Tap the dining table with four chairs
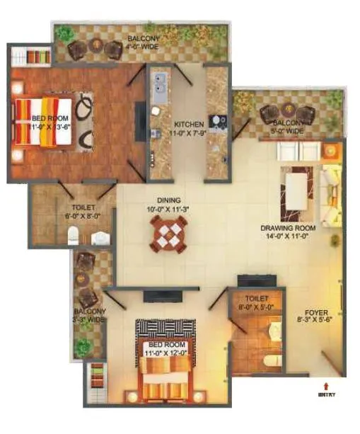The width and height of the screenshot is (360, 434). (x=169, y=232)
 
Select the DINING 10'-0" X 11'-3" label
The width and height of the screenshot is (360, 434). (x=169, y=205)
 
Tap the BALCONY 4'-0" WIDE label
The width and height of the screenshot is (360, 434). (x=143, y=42)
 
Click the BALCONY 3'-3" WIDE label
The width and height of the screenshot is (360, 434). (x=90, y=315)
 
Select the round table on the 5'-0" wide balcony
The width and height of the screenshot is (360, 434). (x=288, y=112)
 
